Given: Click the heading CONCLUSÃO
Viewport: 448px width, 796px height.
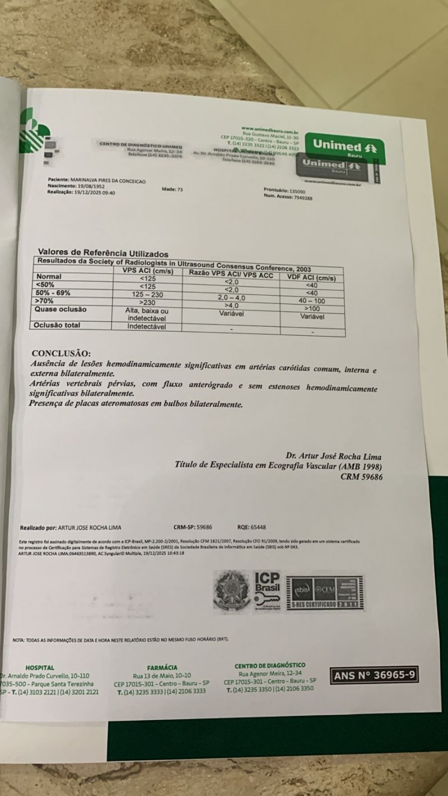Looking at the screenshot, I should pos(60,353).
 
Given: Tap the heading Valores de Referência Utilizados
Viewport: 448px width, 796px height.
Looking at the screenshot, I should pos(102,254).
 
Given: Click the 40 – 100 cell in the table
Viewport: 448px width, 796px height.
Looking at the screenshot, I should pos(311,301).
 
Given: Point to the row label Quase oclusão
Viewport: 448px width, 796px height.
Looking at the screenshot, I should pos(60,310).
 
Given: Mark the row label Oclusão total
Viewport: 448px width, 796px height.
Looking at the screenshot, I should pos(57,325).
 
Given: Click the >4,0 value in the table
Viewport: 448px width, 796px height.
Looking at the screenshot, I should pos(231,306).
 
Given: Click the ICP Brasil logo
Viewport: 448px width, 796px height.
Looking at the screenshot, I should pos(267,590).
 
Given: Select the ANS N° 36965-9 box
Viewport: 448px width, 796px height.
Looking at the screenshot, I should pos(374,676).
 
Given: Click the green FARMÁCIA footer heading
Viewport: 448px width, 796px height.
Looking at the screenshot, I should pos(162,667).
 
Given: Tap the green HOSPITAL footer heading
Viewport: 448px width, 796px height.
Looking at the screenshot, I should pos(40,667).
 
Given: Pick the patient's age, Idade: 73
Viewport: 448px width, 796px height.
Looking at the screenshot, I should pos(172,190).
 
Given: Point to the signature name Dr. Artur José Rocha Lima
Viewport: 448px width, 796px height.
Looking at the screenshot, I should pos(333,457).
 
